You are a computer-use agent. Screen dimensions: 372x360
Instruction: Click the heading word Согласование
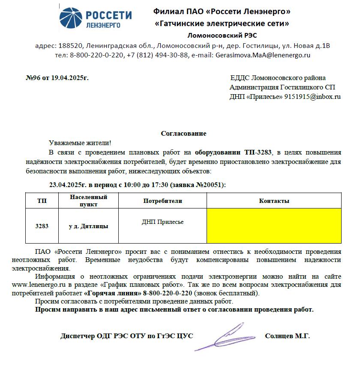[x=183, y=134]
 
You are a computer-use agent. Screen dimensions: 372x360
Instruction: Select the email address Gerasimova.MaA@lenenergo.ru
[x=263, y=55]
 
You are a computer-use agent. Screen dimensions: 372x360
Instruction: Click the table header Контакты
[x=274, y=201]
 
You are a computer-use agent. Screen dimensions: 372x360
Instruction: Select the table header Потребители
[x=162, y=201]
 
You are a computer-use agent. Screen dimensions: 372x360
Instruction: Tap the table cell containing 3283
[x=42, y=226]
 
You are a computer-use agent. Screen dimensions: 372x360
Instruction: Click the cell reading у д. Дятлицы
[x=88, y=226]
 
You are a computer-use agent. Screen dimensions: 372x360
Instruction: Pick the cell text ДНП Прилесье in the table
[x=162, y=222]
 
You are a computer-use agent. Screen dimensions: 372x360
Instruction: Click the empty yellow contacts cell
[x=274, y=226]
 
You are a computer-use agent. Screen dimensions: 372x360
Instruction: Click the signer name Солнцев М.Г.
[x=288, y=336]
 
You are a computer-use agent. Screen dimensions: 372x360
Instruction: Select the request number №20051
[x=210, y=185]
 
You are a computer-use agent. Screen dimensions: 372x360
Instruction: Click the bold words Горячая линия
[x=113, y=293]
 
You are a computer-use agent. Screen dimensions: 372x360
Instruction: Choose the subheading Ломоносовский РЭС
[x=222, y=35]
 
